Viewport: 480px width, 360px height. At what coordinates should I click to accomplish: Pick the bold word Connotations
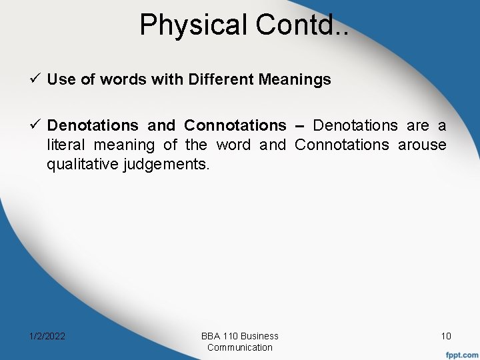pos(235,125)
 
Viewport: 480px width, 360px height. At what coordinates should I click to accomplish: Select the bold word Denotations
pos(93,125)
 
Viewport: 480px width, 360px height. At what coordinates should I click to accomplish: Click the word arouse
pos(422,145)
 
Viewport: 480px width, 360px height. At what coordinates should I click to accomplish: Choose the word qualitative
pos(83,164)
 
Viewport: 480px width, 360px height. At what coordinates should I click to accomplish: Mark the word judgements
pos(167,164)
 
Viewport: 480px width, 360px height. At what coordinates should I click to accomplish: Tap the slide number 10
pos(445,336)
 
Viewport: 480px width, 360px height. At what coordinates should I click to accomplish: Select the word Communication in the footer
pos(240,347)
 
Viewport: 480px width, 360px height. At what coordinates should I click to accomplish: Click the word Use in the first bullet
pos(59,80)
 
